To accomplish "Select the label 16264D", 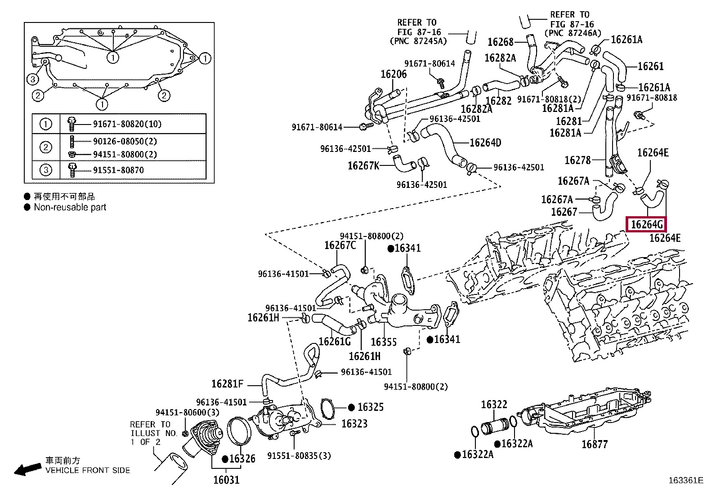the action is click(485, 142).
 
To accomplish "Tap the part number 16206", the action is click(394, 74).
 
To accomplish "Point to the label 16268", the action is click(501, 42).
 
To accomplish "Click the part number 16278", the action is click(577, 160).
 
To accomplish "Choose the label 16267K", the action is click(363, 165).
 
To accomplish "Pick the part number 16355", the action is click(384, 342).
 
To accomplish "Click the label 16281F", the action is click(228, 384).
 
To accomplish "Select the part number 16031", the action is click(226, 480).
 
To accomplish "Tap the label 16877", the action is click(595, 444).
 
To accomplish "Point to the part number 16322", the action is click(494, 405).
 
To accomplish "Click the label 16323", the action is click(354, 424).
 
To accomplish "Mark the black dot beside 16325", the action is click(351, 407).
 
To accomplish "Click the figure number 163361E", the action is click(686, 480).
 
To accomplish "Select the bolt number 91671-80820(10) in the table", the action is click(127, 124).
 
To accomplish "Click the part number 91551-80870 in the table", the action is click(118, 170).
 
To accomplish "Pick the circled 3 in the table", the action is click(45, 169).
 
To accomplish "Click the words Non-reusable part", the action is click(70, 207).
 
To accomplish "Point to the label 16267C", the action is click(340, 245).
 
